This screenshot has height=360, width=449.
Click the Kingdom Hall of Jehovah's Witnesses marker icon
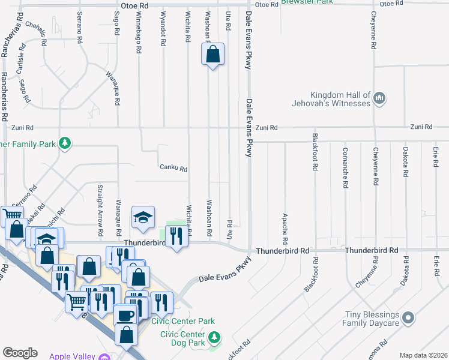[x=379, y=98]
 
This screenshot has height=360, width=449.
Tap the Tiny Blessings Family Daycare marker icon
[x=409, y=317]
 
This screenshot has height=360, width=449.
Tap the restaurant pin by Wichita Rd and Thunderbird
[x=176, y=237]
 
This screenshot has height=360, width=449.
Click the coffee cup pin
[x=125, y=316]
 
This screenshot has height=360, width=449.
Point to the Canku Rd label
[x=174, y=169]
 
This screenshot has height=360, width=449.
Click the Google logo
[x=20, y=353]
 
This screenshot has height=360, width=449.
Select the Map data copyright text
[x=423, y=355]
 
